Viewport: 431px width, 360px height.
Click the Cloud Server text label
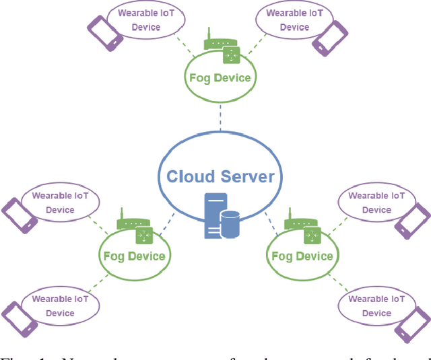coord(220,176)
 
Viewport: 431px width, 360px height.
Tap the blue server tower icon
coord(213,216)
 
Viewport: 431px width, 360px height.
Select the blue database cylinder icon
coord(230,224)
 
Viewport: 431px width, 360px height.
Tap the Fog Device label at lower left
coord(133,256)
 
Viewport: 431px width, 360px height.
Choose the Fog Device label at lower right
coord(301,256)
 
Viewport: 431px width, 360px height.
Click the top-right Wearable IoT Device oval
coord(294,20)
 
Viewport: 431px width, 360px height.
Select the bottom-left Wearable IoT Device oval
coord(60,306)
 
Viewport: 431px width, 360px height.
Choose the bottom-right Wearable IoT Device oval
coord(376,306)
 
